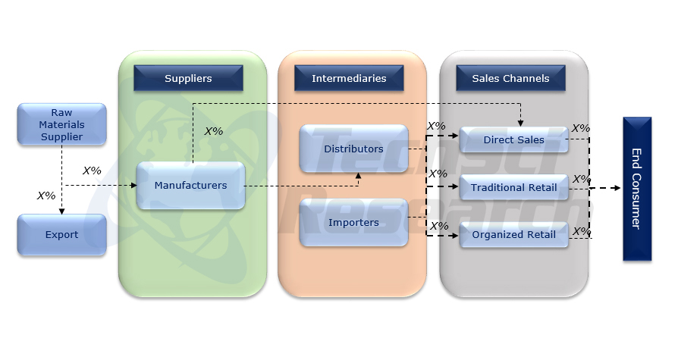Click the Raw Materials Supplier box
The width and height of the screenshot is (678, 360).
tap(61, 124)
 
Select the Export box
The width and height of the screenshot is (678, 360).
tap(61, 234)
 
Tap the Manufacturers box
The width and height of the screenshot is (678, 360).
tap(190, 185)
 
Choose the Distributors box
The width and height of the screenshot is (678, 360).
tap(353, 149)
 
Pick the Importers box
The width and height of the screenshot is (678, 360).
tap(353, 222)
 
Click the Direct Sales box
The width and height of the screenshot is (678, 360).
tap(513, 139)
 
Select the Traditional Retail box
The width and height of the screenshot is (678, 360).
tap(513, 187)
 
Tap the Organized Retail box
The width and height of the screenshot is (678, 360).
tap(513, 234)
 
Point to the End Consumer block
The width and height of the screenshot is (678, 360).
tap(637, 189)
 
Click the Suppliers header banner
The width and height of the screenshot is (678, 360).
tap(188, 78)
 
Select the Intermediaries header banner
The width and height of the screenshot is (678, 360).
tap(349, 78)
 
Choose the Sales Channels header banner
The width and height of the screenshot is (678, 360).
tap(510, 78)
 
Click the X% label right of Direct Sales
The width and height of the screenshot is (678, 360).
tap(581, 128)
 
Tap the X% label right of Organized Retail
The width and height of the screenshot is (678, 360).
tap(581, 230)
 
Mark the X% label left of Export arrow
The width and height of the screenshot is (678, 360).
tap(46, 196)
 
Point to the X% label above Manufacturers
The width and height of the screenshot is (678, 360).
tap(214, 131)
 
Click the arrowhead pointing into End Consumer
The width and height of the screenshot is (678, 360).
tap(616, 187)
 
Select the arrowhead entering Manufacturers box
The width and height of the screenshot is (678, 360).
tap(133, 185)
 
